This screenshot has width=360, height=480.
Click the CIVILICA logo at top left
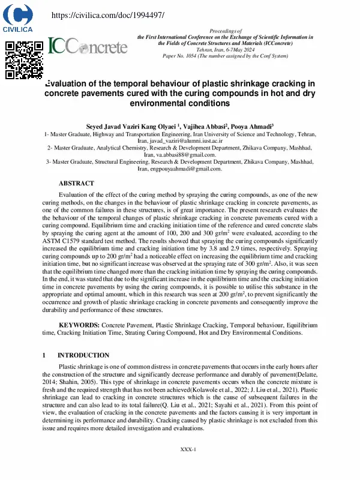click(x=17, y=17)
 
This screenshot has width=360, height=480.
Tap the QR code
click(x=23, y=59)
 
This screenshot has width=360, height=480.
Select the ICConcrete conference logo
click(x=88, y=46)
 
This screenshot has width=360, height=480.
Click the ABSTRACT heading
click(x=76, y=183)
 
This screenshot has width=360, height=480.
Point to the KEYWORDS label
click(x=79, y=325)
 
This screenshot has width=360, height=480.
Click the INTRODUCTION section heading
click(x=83, y=355)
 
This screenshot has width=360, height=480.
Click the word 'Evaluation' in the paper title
click(x=71, y=84)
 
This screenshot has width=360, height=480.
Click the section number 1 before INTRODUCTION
click(x=44, y=355)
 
